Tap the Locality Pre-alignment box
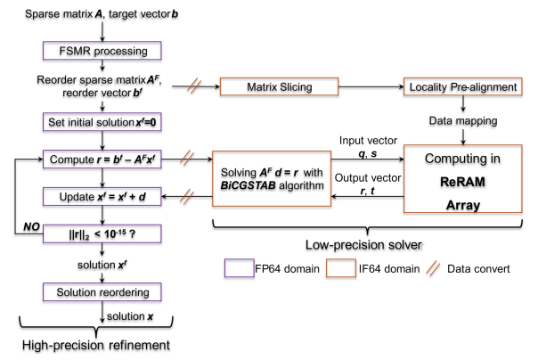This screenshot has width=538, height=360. pyautogui.click(x=451, y=86)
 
